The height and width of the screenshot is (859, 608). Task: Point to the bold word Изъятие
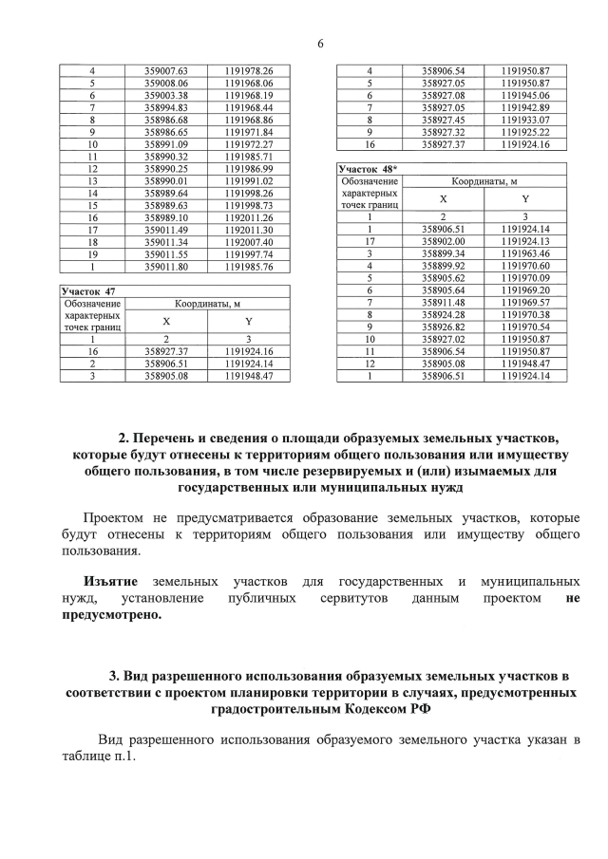click(x=110, y=580)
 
